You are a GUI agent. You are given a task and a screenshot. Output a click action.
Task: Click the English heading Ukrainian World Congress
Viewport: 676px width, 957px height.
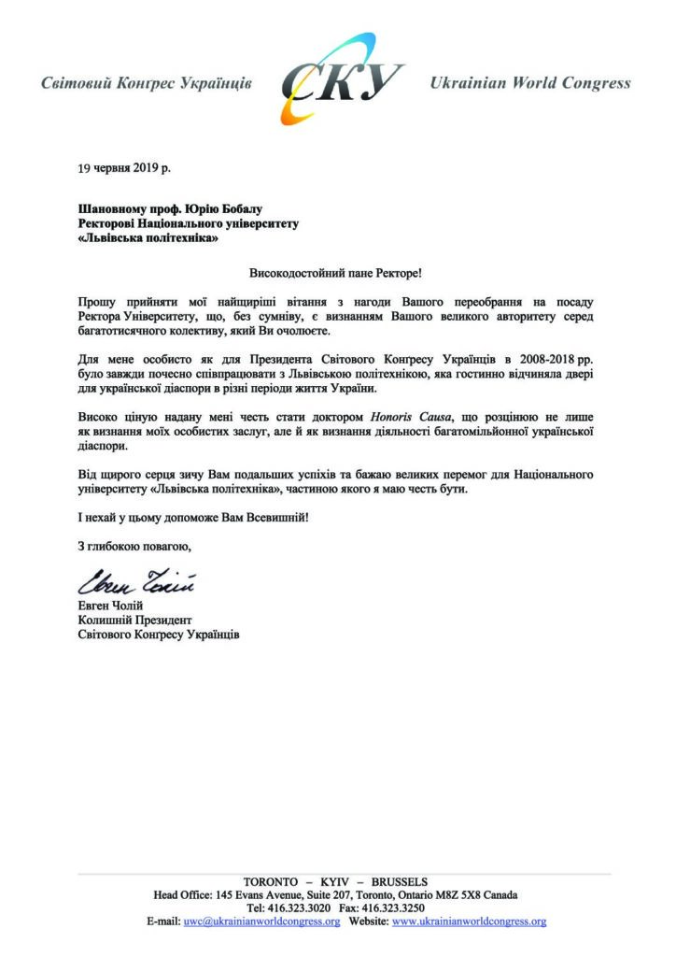point(529,83)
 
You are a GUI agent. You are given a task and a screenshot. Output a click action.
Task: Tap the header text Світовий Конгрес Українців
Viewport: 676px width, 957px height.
point(147,83)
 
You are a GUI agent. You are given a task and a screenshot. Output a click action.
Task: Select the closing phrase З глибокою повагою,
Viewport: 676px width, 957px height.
point(134,548)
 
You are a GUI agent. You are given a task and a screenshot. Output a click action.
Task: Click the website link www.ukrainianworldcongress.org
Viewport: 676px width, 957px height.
point(469,921)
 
